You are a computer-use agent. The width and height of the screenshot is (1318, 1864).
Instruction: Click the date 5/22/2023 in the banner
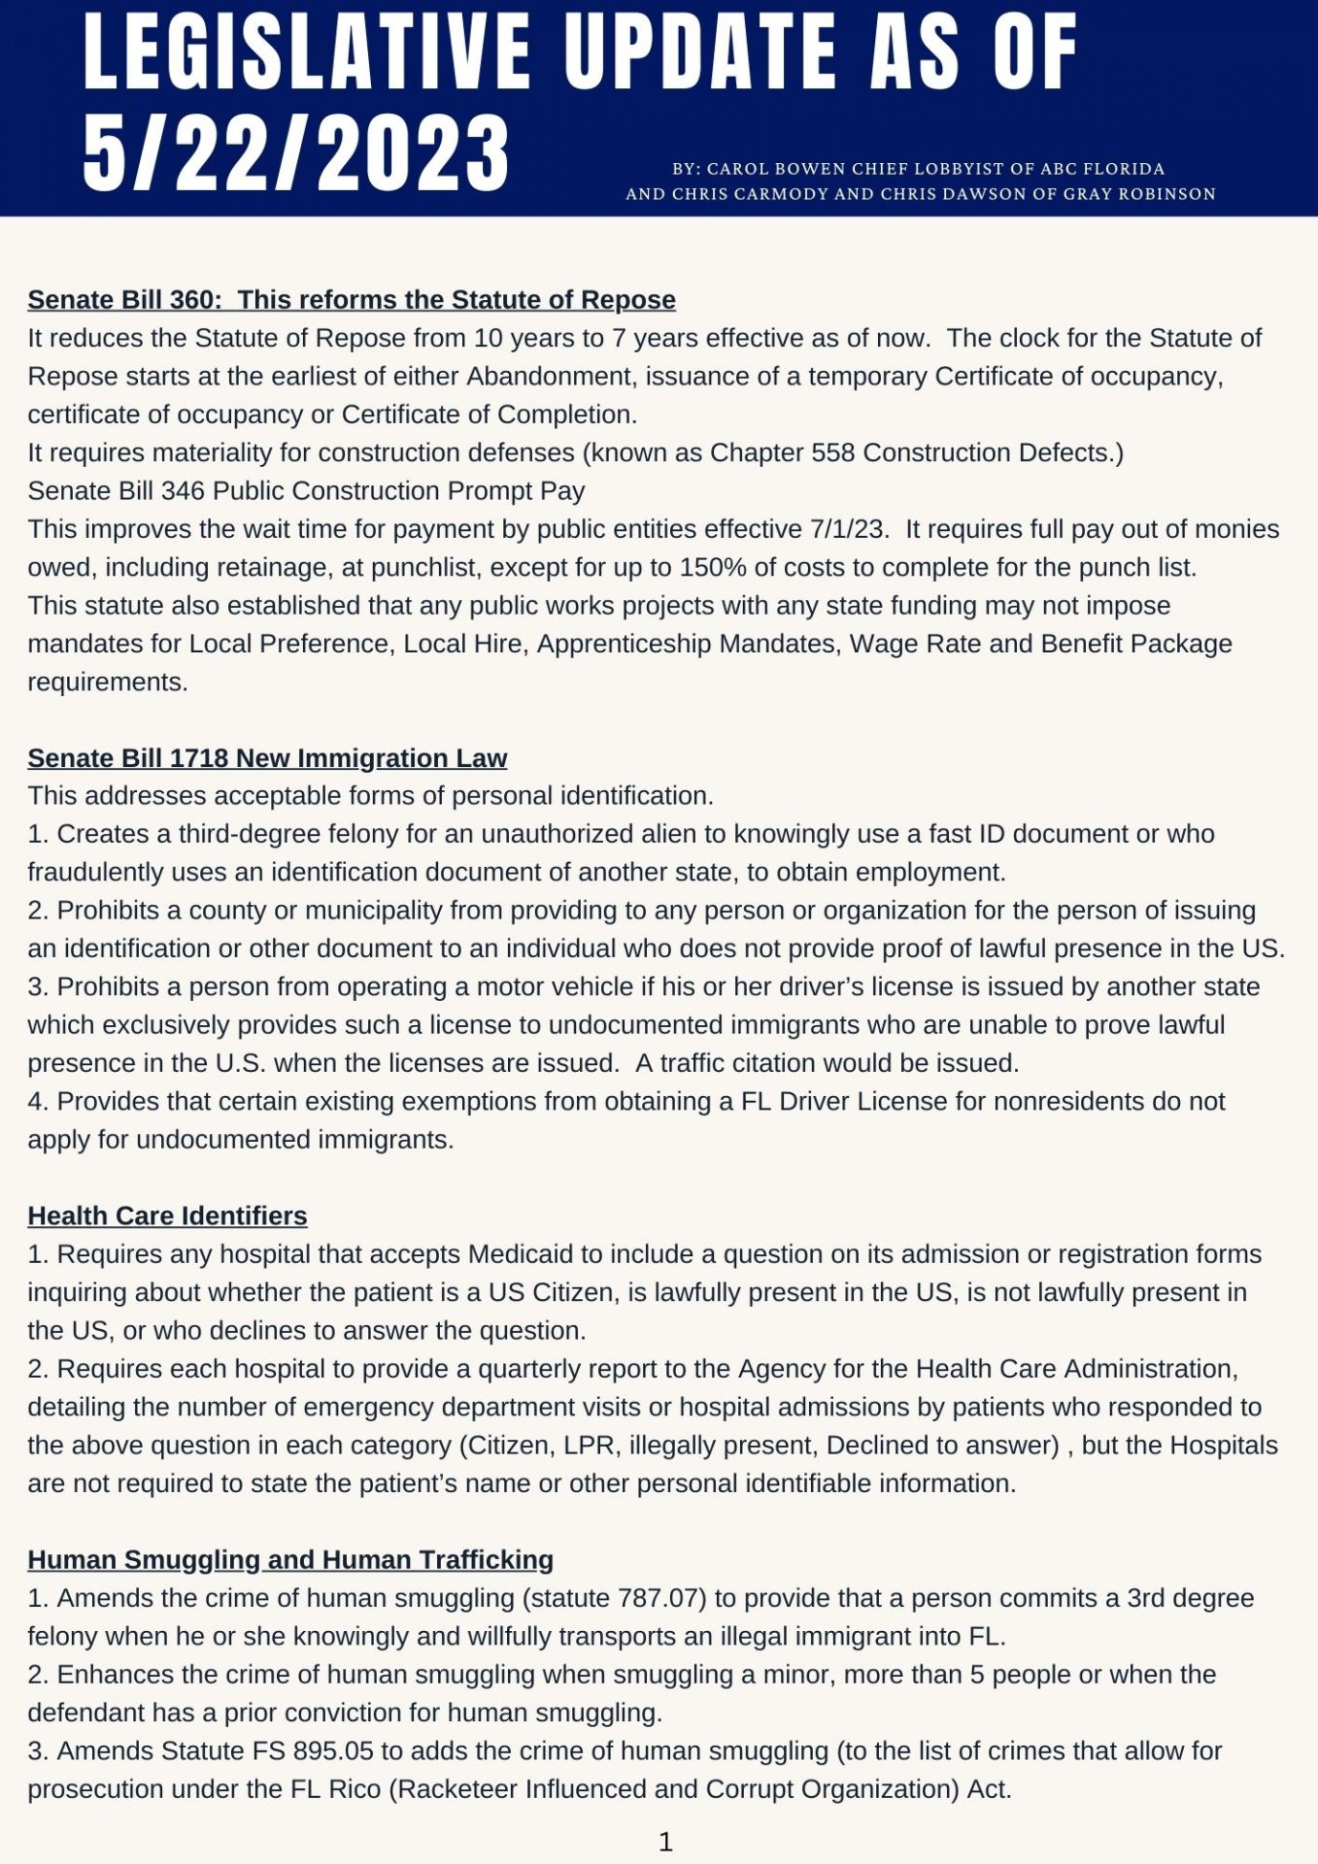coord(296,152)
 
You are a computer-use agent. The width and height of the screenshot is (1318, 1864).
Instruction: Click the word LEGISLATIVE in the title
coord(307,52)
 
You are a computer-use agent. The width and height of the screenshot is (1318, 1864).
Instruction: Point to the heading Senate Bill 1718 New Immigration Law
coord(267,758)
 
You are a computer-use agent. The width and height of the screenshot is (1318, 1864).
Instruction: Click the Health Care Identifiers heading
coord(167,1216)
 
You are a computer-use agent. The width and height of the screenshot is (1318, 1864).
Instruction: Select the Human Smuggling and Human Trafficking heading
coord(290,1560)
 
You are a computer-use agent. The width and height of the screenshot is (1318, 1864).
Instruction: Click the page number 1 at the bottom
coord(665,1842)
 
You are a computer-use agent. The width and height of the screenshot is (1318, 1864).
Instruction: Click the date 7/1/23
coord(848,529)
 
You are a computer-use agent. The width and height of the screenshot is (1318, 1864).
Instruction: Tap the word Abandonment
coord(550,377)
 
